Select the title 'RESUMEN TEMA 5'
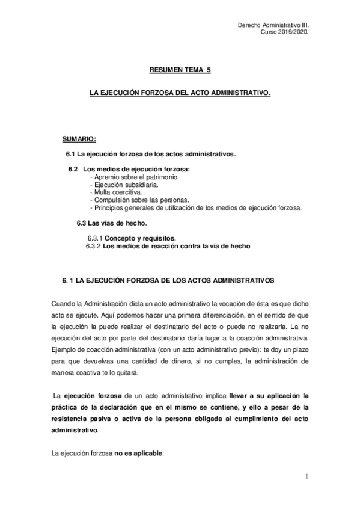(180, 70)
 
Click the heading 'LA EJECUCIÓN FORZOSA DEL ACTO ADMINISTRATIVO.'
(180, 94)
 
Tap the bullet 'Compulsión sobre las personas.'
(139, 200)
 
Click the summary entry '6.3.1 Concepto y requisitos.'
(132, 238)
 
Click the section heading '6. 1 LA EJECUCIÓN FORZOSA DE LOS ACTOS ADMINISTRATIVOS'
(168, 280)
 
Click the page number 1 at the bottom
(306, 477)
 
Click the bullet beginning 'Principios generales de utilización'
(195, 207)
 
